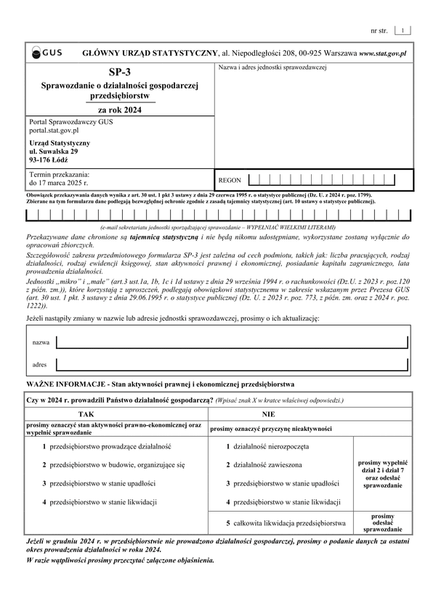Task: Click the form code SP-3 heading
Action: pos(117,73)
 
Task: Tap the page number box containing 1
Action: pos(403,30)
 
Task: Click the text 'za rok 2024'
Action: pos(117,110)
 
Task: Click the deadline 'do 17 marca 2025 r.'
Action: pos(58,184)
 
